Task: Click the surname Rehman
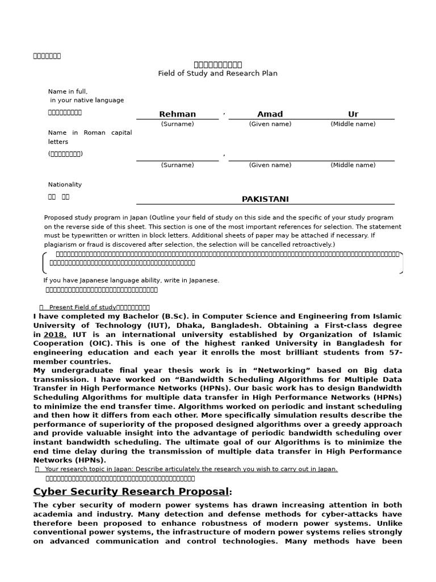177,114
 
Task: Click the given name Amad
270,114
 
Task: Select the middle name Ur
353,114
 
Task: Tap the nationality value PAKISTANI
265,199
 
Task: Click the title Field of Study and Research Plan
217,73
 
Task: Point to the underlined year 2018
54,335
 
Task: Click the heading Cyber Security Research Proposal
131,492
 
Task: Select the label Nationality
65,185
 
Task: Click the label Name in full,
68,92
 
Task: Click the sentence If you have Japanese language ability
131,280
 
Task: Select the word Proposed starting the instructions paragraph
59,218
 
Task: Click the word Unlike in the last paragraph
389,523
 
